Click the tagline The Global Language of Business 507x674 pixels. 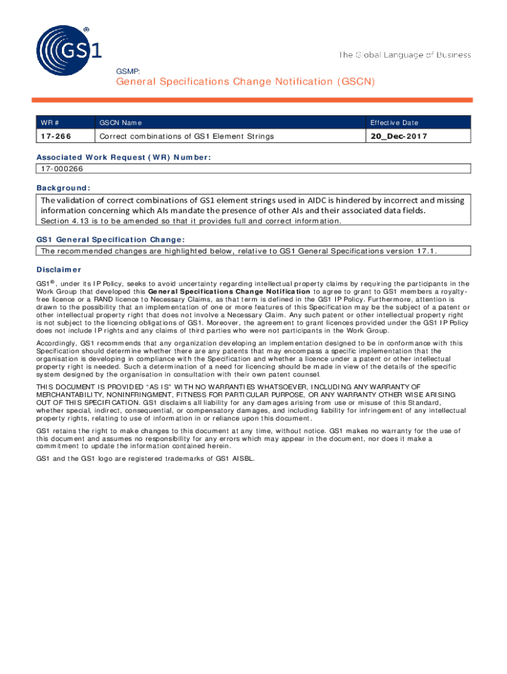(x=404, y=55)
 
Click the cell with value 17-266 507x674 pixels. (x=56, y=136)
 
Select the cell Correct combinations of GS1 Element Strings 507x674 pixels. (x=186, y=136)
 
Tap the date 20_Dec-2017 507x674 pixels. (x=398, y=136)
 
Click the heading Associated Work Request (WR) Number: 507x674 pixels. (x=124, y=157)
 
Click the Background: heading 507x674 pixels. (x=64, y=188)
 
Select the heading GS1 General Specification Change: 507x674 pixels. (x=110, y=240)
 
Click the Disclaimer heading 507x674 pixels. (x=59, y=269)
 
